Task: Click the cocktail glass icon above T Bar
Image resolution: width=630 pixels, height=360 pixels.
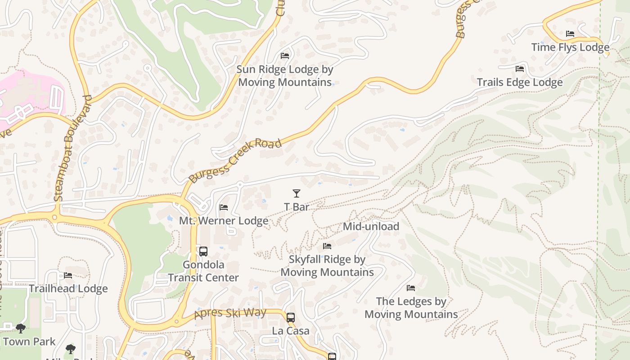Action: point(296,193)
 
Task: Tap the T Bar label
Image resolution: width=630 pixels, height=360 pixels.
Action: point(297,207)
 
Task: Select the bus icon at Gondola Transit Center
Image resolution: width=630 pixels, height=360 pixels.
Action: point(203,252)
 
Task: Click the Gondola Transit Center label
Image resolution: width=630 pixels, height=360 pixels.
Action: point(203,271)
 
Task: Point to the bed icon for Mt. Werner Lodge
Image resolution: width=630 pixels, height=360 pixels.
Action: point(224,207)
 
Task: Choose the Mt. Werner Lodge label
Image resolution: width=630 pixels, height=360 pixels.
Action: point(224,221)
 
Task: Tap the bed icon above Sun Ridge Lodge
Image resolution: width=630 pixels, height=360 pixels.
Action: point(285,56)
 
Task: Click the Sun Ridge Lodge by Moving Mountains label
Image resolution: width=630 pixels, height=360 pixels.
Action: point(285,76)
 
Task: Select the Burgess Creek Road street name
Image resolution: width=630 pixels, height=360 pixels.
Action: point(235,160)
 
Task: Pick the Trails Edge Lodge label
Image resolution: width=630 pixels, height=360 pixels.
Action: point(520,82)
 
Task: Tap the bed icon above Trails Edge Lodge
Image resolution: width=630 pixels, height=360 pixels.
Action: point(520,69)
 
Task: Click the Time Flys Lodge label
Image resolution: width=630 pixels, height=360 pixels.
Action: point(570,47)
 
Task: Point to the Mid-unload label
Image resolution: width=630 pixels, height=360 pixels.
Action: point(371,226)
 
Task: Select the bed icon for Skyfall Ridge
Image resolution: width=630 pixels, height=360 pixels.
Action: point(327,246)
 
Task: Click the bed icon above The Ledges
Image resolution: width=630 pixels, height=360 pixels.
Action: point(411,288)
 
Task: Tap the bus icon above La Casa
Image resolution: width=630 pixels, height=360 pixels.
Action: point(291,317)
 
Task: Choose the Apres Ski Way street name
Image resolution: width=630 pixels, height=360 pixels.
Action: point(230,313)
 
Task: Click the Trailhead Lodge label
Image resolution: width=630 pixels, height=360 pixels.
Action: point(68,289)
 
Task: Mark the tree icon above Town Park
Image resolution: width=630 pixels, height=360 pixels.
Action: point(20,328)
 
